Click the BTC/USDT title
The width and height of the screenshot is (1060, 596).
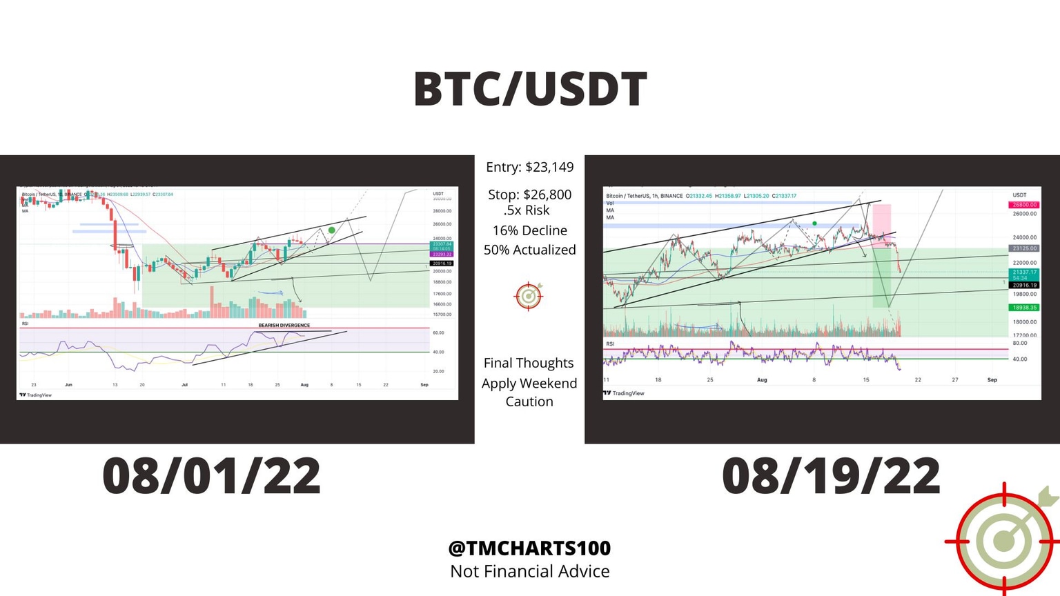coord(530,90)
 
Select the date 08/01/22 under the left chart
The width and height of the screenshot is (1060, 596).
coord(211,476)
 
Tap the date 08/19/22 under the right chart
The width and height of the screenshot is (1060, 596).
coord(831,476)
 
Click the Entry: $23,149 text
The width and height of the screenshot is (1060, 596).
coord(529,167)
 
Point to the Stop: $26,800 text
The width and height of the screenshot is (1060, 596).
coord(529,195)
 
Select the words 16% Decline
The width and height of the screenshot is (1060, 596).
coord(529,230)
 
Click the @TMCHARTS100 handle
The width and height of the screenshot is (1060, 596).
coord(529,548)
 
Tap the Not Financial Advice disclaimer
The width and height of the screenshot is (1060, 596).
coord(529,571)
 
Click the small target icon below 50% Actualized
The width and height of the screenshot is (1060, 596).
coord(529,296)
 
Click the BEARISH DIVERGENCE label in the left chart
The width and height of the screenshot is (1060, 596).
coord(284,325)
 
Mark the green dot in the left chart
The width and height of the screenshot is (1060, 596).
coord(332,230)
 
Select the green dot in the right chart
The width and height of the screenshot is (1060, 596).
coord(815,223)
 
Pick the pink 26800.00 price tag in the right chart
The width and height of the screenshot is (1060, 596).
coord(1024,205)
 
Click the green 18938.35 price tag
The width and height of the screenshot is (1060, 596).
coord(1024,308)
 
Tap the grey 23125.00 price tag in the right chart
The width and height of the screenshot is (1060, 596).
coord(1024,248)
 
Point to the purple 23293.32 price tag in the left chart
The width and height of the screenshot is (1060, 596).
coord(441,255)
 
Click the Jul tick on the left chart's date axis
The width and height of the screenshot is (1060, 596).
coord(184,385)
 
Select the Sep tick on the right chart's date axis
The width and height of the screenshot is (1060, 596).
coord(992,380)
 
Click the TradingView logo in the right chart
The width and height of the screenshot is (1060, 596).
coord(625,393)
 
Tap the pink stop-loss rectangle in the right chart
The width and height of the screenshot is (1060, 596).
coord(881,221)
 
